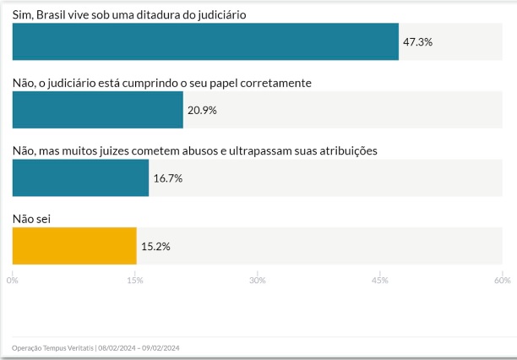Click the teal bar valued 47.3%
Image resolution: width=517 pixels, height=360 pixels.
[205, 41]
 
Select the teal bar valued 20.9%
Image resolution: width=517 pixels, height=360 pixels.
[98, 110]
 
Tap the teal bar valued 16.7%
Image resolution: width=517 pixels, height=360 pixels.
[80, 177]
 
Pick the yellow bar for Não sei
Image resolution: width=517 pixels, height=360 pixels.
[74, 246]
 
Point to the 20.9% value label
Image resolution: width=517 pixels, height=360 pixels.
[203, 110]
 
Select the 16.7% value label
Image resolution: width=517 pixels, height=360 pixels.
[168, 178]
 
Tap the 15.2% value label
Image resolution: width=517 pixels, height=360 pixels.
[155, 246]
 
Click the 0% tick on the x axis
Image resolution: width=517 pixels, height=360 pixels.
[13, 280]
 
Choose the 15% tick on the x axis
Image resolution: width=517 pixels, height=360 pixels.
[134, 280]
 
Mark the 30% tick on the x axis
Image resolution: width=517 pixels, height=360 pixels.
[257, 280]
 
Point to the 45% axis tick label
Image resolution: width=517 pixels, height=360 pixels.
[379, 280]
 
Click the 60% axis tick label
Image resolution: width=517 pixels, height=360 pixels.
[502, 280]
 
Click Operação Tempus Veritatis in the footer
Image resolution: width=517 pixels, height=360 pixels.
[53, 347]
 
